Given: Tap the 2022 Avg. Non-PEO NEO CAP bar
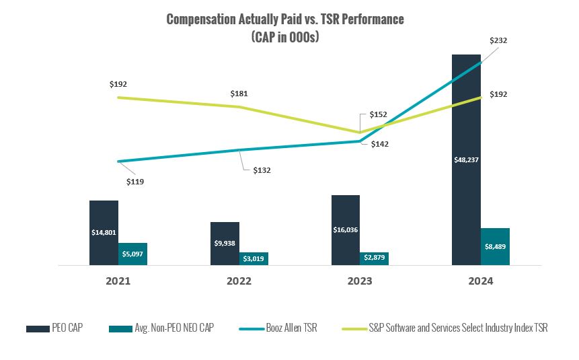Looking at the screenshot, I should click(x=254, y=258).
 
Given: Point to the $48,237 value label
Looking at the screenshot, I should click(x=466, y=160).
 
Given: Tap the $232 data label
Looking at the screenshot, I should click(x=498, y=40).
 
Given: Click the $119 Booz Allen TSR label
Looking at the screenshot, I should click(x=135, y=182).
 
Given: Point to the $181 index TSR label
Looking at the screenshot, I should click(x=239, y=94).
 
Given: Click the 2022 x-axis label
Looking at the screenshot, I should click(x=239, y=281).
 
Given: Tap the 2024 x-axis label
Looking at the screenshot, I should click(x=480, y=281).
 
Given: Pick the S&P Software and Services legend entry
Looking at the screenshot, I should click(x=444, y=328).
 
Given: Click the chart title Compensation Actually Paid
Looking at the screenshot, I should click(x=285, y=19).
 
